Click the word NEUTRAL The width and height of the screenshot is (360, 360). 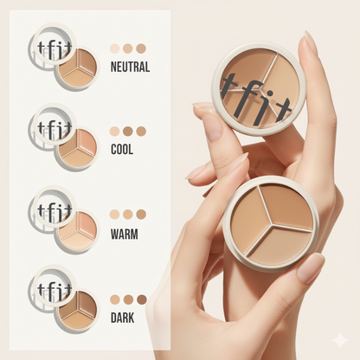point(130,67)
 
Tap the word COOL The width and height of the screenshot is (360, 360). point(122,150)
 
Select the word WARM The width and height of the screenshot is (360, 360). point(125,235)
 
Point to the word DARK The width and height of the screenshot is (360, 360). point(122,318)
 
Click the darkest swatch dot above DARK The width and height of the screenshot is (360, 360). point(142,299)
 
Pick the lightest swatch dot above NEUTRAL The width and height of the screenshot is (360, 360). point(114,48)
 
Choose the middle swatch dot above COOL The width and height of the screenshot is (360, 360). point(128,132)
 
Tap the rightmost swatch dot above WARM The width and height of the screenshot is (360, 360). point(141,215)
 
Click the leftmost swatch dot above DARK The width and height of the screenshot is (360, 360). point(115,299)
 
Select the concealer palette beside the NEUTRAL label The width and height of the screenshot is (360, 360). point(77,68)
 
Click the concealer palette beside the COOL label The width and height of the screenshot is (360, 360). point(77,148)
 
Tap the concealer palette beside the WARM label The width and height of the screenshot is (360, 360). point(77,231)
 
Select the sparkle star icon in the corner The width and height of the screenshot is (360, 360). point(340,340)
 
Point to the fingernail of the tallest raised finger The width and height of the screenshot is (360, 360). point(310,44)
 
